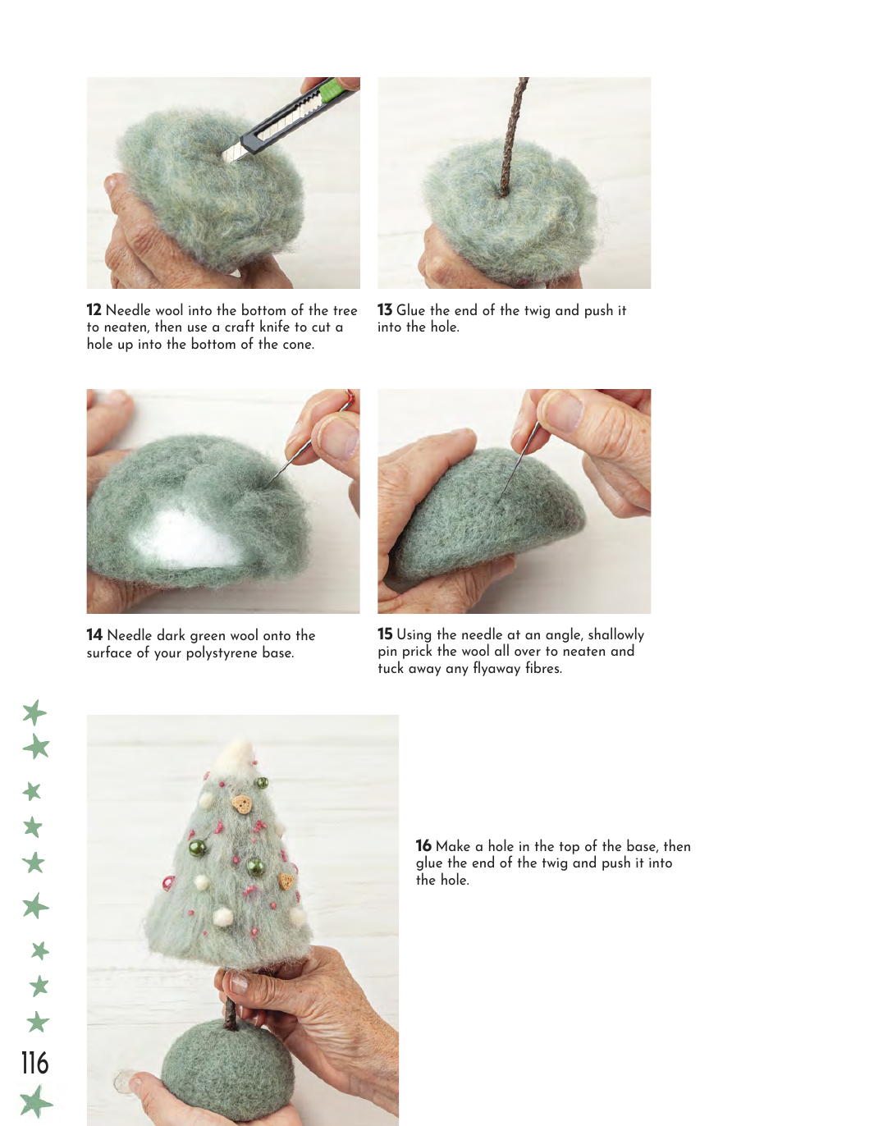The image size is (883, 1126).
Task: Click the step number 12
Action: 94,310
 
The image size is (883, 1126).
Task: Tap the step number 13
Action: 385,310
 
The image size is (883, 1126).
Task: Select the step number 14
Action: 94,634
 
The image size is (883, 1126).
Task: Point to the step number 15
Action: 386,634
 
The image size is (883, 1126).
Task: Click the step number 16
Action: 423,845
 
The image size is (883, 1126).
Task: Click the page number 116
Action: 34,1063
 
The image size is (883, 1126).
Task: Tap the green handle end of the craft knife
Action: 334,89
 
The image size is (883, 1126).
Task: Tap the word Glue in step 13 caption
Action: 410,310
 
